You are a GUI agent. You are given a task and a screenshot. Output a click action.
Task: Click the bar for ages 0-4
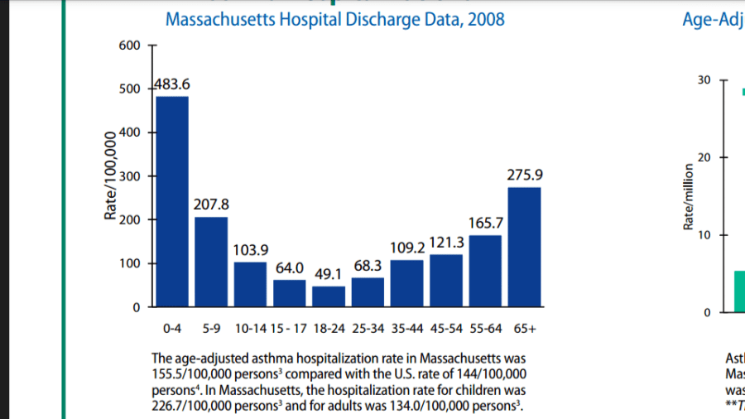point(172,202)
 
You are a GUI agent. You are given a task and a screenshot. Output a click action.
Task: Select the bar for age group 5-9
point(211,262)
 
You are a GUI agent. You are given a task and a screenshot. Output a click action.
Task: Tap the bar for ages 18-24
point(329,296)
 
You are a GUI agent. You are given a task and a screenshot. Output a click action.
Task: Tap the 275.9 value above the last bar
point(525,176)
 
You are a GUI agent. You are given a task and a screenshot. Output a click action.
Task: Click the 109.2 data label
point(407,247)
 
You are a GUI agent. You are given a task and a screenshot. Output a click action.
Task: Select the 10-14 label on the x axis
point(250,329)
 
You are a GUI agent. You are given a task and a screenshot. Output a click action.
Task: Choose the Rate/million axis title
point(688,197)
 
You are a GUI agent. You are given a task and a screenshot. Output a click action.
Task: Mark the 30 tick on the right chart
point(704,80)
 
